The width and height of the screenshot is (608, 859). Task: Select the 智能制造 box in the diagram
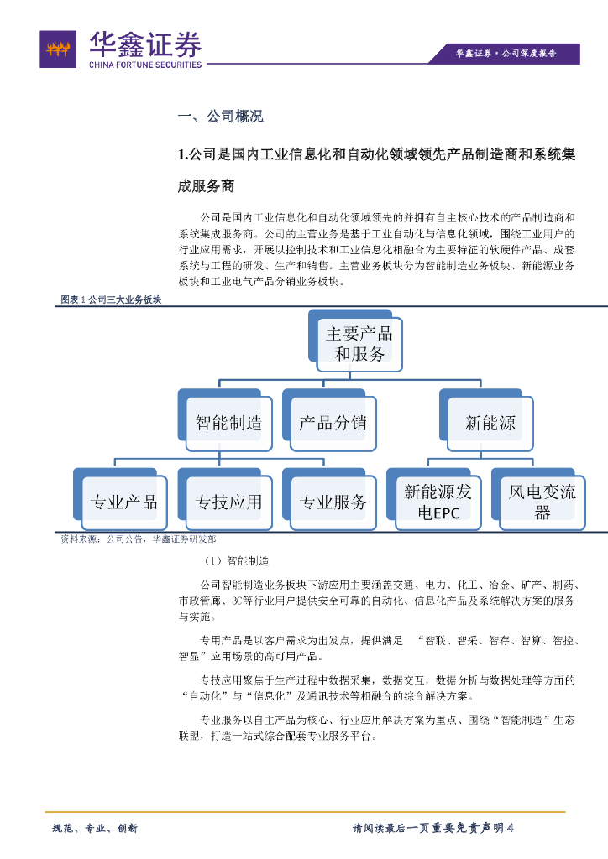pyautogui.click(x=228, y=422)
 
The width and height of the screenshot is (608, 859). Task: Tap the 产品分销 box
pyautogui.click(x=333, y=422)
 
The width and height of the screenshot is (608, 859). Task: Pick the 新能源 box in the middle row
pyautogui.click(x=490, y=422)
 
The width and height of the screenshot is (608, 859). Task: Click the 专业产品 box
pyautogui.click(x=123, y=502)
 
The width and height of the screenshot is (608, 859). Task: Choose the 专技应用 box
pyautogui.click(x=228, y=502)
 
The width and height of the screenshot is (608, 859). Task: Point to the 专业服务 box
pyautogui.click(x=333, y=502)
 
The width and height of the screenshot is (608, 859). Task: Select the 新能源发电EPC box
pyautogui.click(x=438, y=502)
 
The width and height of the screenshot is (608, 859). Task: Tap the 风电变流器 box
pyautogui.click(x=542, y=502)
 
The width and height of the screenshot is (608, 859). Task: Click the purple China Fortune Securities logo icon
pyautogui.click(x=59, y=50)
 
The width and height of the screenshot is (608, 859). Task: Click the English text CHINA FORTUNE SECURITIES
pyautogui.click(x=145, y=65)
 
